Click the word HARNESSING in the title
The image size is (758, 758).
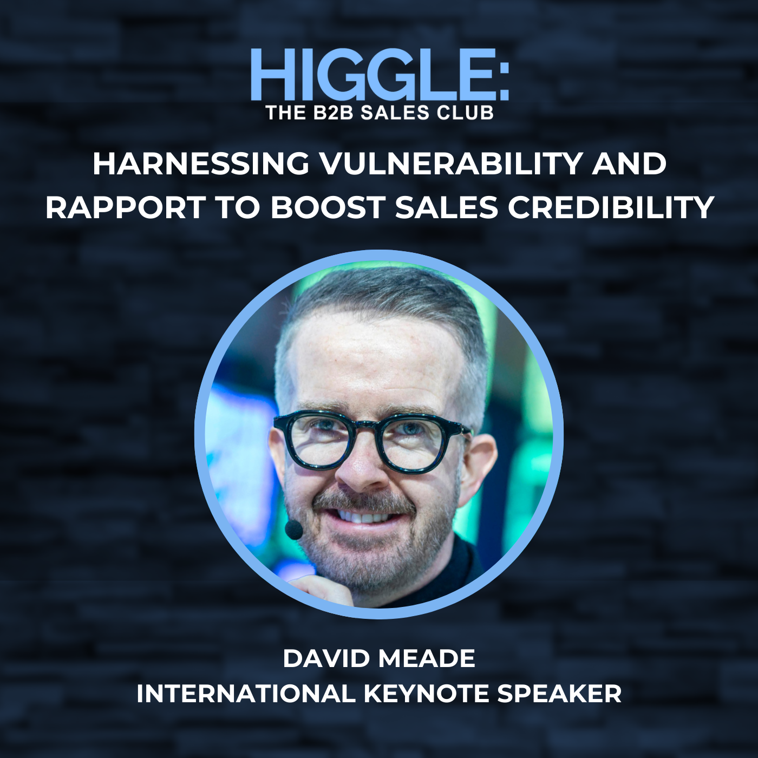tap(201, 164)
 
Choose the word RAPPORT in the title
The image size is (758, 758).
tap(125, 207)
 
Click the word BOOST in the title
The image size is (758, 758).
tap(330, 207)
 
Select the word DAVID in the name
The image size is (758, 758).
tap(326, 658)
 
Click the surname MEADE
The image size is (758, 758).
tap(427, 658)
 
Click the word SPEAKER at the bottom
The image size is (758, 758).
tap(559, 694)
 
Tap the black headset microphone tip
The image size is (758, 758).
tap(294, 529)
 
